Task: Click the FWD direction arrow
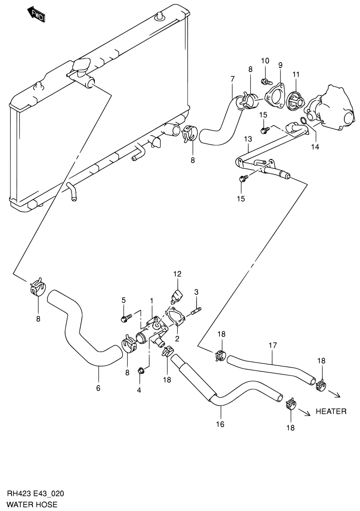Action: pyautogui.click(x=36, y=15)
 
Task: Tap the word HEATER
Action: pyautogui.click(x=331, y=411)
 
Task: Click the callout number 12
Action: pyautogui.click(x=177, y=274)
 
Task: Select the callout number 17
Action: pyautogui.click(x=272, y=346)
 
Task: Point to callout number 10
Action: pyautogui.click(x=265, y=61)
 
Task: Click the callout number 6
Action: pyautogui.click(x=98, y=388)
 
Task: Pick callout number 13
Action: pyautogui.click(x=248, y=139)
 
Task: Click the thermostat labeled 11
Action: pyautogui.click(x=296, y=101)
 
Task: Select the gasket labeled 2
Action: pyautogui.click(x=175, y=317)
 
